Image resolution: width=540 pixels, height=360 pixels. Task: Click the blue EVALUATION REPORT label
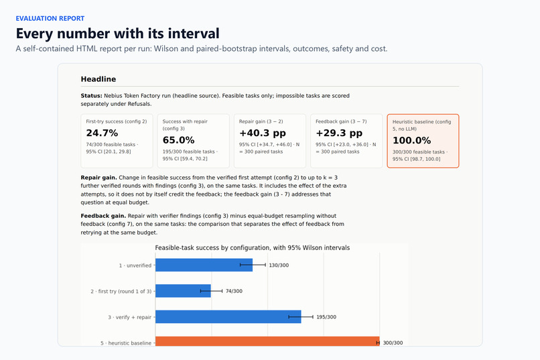[50, 19]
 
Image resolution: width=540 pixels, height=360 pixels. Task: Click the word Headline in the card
[98, 79]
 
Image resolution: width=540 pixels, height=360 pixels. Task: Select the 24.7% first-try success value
[102, 133]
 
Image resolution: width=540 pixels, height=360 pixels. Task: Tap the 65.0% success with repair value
[178, 140]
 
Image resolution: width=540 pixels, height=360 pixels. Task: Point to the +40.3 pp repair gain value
[263, 133]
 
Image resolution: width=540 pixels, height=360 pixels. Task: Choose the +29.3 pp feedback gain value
[339, 133]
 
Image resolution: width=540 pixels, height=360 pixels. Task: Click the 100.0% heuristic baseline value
[411, 141]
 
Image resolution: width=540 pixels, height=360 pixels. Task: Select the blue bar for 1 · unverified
[204, 265]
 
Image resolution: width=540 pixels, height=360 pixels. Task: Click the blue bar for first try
[183, 291]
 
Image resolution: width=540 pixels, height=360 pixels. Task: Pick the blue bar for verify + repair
[228, 317]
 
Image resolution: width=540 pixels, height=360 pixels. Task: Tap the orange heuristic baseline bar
[267, 341]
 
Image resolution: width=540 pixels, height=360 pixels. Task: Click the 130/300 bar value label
[279, 265]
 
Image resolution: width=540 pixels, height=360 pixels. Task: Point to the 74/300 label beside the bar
[234, 291]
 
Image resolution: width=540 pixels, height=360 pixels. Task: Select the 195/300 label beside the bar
[326, 317]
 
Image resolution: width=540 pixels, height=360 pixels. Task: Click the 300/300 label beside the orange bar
[393, 343]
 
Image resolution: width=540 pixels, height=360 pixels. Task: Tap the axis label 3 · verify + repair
[129, 317]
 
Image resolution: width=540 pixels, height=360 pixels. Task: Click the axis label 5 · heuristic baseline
[126, 343]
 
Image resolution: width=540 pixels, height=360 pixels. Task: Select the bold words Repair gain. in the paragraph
[99, 178]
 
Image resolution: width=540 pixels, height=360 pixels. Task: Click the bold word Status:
[91, 96]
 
